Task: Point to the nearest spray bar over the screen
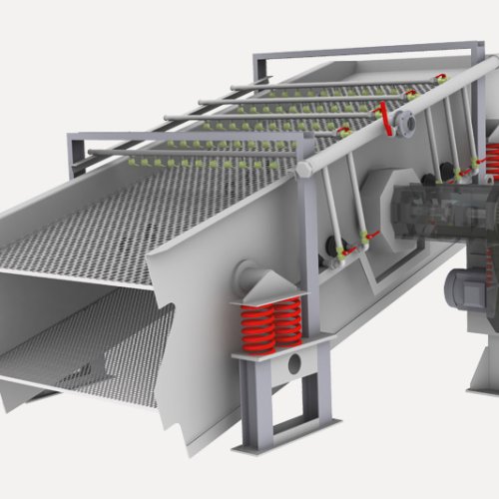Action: click(x=190, y=152)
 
